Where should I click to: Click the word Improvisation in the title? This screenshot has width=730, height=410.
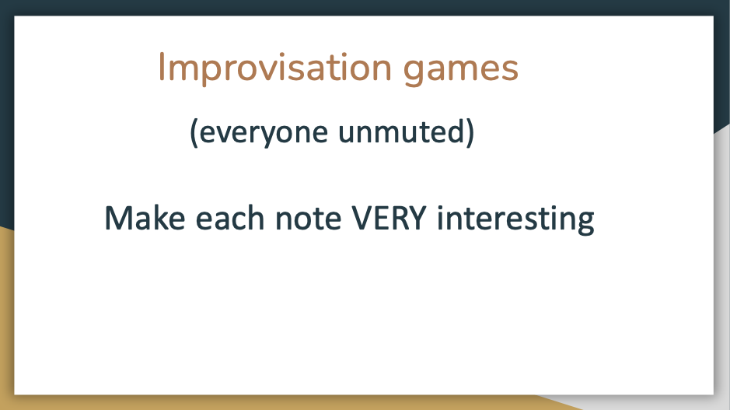[274, 68]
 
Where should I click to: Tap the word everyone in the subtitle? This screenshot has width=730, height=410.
[264, 134]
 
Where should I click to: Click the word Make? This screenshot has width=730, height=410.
[145, 218]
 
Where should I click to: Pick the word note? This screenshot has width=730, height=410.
[309, 219]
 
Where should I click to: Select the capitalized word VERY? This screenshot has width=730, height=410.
[389, 218]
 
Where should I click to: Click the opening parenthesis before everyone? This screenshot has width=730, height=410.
[194, 133]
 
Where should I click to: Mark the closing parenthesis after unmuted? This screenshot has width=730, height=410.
[470, 133]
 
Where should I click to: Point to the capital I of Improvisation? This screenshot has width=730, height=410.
[161, 67]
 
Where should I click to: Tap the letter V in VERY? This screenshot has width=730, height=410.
[362, 218]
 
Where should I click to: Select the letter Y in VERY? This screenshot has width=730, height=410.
[416, 218]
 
